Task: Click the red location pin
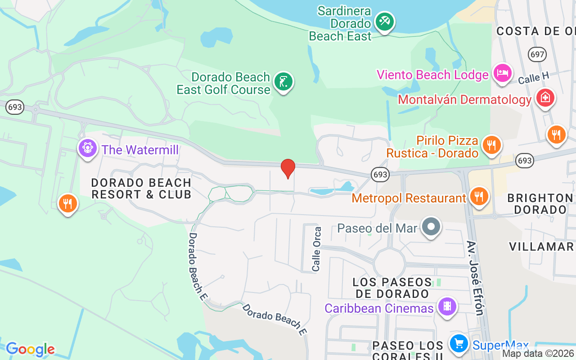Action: coord(288,169)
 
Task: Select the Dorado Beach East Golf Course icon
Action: coord(283,82)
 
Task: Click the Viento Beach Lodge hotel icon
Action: coord(502,73)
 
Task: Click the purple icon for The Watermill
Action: coord(87,148)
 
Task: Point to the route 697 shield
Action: coord(537,54)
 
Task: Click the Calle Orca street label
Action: coord(317,249)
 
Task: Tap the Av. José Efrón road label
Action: coord(475,278)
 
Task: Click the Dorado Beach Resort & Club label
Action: coord(141,189)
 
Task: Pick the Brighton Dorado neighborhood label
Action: coord(540,204)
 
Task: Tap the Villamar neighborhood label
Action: coord(541,246)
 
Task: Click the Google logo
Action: coord(30,349)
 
